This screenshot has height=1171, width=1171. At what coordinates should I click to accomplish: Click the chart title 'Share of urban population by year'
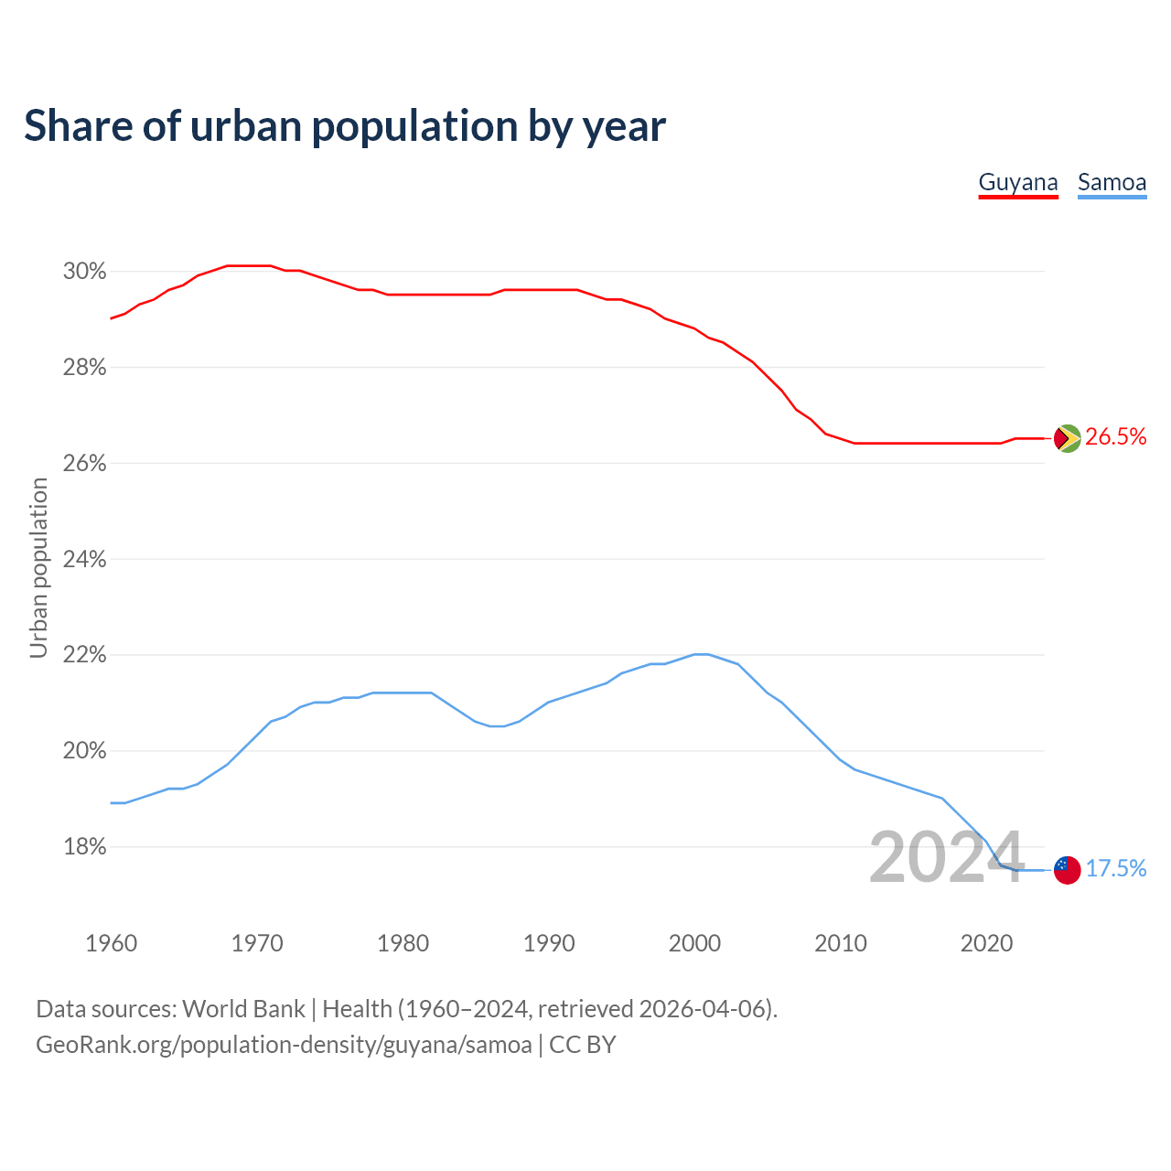pyautogui.click(x=345, y=126)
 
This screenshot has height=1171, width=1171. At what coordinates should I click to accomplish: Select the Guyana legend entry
pyautogui.click(x=1018, y=182)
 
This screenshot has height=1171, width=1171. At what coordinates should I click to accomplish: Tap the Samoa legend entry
pyautogui.click(x=1112, y=182)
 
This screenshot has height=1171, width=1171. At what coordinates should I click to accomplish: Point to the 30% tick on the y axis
pyautogui.click(x=84, y=272)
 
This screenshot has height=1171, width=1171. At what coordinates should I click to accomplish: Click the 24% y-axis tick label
pyautogui.click(x=84, y=559)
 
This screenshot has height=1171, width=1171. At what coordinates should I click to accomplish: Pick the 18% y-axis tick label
pyautogui.click(x=84, y=847)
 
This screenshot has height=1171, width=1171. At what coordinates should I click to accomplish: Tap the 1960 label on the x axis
pyautogui.click(x=111, y=943)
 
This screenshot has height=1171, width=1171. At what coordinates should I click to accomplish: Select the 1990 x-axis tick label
pyautogui.click(x=549, y=943)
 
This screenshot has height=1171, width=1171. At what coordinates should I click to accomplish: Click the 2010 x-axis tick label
pyautogui.click(x=841, y=943)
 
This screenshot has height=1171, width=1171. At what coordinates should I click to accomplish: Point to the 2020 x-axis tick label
pyautogui.click(x=986, y=943)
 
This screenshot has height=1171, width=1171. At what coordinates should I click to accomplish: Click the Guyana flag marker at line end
pyautogui.click(x=1068, y=438)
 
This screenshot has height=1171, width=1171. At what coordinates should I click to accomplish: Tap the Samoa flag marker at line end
pyautogui.click(x=1068, y=870)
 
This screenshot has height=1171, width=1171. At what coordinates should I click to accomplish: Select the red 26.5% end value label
pyautogui.click(x=1116, y=437)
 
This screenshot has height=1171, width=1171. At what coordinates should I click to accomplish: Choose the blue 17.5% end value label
pyautogui.click(x=1116, y=869)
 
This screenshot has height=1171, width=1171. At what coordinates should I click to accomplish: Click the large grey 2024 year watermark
pyautogui.click(x=946, y=858)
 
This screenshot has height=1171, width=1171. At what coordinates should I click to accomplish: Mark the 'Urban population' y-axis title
pyautogui.click(x=38, y=568)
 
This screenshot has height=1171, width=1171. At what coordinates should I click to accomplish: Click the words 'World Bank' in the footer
pyautogui.click(x=243, y=1009)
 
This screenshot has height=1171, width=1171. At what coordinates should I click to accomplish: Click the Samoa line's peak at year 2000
pyautogui.click(x=701, y=654)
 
